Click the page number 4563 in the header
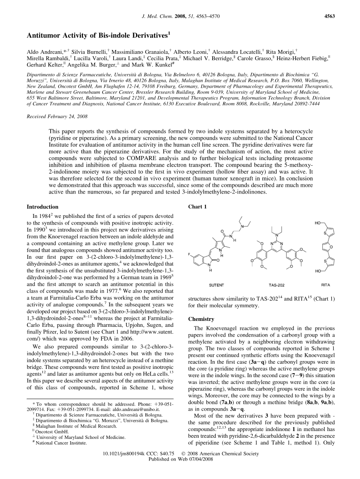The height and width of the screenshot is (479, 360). click(x=329, y=16)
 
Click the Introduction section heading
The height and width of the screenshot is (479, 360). click(x=42, y=207)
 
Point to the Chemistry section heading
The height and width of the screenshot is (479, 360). click(x=201, y=319)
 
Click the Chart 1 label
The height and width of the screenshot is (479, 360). click(x=197, y=207)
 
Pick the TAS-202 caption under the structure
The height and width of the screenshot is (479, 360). click(x=276, y=284)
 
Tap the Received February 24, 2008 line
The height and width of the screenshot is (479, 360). click(x=57, y=117)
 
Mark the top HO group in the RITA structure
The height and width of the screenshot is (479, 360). click(x=318, y=223)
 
